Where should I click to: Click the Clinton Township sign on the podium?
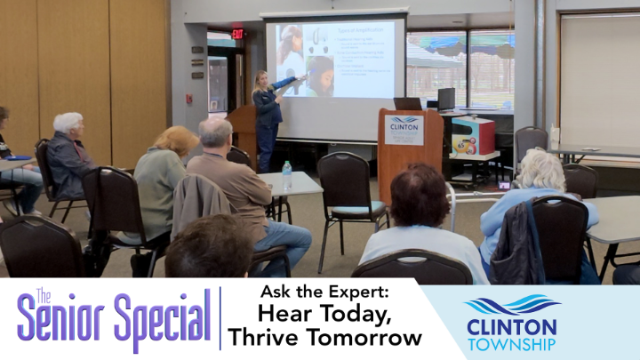[x=404, y=129]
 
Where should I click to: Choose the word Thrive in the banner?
[x=266, y=338]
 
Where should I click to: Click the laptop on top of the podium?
[x=408, y=104]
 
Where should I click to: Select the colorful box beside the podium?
[x=473, y=136]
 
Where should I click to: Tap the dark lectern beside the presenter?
[x=243, y=133]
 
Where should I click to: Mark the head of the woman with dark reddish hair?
[x=420, y=196]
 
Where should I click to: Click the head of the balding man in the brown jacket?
[x=215, y=134]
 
